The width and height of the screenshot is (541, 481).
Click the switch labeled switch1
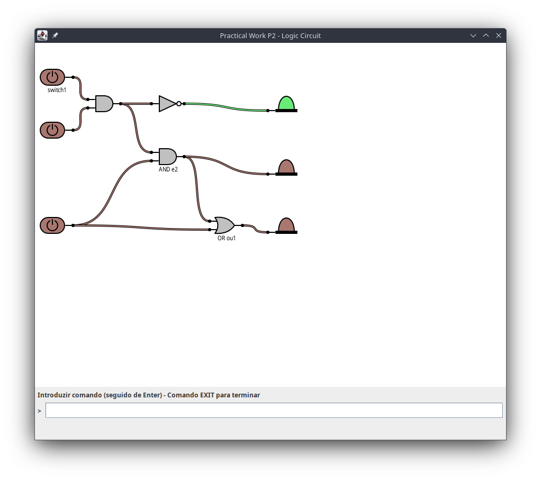52,77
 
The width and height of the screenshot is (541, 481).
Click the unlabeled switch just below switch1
52,130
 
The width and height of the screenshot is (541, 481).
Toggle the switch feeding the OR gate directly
52,225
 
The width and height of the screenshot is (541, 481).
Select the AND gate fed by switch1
104,104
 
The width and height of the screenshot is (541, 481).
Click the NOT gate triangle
167,104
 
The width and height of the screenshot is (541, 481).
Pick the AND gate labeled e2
168,157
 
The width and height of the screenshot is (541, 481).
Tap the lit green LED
286,104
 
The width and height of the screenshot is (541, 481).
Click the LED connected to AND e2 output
286,168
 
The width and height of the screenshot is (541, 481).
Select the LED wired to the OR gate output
286,226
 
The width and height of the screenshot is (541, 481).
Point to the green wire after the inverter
226,107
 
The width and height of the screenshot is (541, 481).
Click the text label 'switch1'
57,90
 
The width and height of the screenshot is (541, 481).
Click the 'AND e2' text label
168,169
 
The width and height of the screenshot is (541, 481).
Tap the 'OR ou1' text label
227,238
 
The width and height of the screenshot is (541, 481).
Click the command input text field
274,410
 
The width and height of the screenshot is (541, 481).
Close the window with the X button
499,35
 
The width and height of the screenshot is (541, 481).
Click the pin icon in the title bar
55,35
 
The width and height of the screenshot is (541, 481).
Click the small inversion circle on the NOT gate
179,104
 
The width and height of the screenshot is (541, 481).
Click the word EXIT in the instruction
208,395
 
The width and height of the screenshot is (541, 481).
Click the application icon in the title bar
42,35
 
